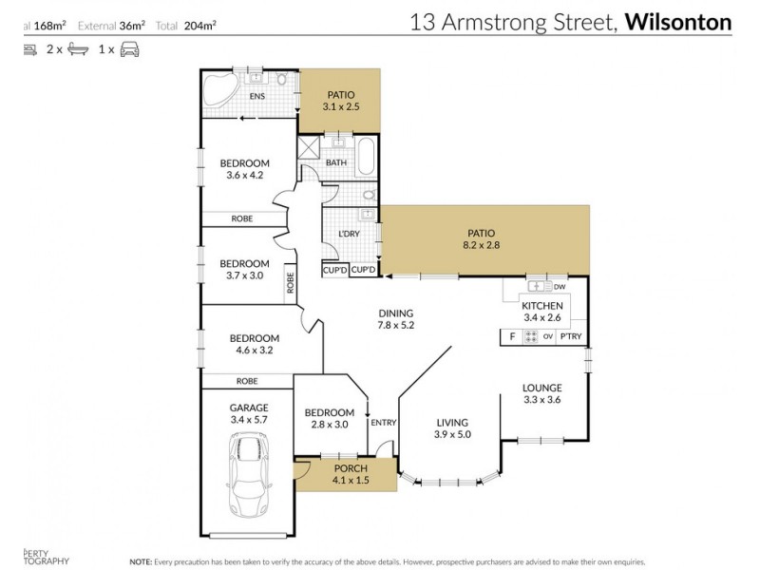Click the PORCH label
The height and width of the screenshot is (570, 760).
click(x=344, y=468)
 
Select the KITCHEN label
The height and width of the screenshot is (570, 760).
click(x=541, y=304)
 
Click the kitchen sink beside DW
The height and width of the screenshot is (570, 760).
click(x=538, y=285)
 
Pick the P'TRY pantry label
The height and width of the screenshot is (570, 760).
click(x=570, y=336)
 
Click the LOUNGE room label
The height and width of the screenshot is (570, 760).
click(x=542, y=388)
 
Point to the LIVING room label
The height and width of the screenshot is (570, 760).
click(x=453, y=423)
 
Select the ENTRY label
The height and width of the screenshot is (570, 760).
click(x=383, y=423)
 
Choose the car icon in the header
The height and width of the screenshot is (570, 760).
click(x=129, y=47)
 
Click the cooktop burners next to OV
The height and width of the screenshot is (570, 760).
click(x=528, y=336)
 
